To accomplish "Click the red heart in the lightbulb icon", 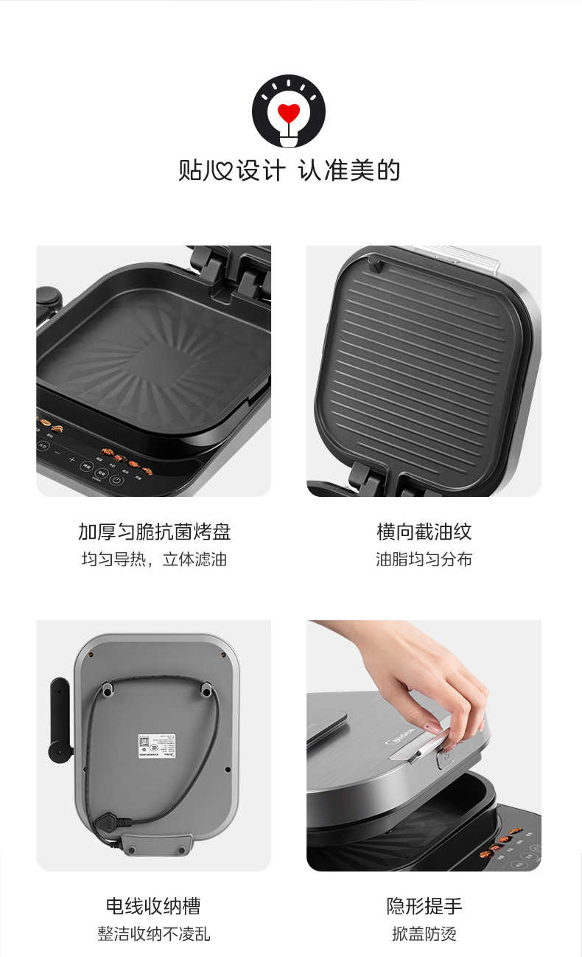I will tap(289, 113).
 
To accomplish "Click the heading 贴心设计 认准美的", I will tap(290, 170).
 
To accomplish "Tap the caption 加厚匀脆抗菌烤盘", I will tap(154, 532).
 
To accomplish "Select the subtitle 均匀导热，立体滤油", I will tap(154, 560).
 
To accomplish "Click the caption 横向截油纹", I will tap(424, 532).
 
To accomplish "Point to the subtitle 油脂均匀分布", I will tap(424, 560).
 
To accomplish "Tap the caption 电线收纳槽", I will tap(153, 906).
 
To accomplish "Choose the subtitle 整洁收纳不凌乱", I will tap(153, 934).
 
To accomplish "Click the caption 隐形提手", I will tap(424, 906).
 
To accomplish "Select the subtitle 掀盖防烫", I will tap(424, 934).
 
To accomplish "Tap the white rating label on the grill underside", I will tap(156, 745).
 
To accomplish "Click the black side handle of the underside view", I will tap(60, 719).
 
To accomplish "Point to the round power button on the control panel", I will tap(116, 480).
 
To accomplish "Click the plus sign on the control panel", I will tap(72, 460).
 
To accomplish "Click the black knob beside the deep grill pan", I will tap(49, 299).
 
